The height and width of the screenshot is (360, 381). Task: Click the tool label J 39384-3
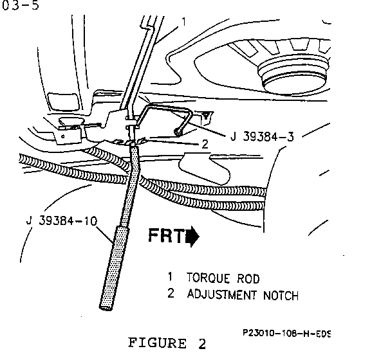[x=262, y=137]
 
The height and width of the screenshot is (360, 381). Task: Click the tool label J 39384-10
[x=62, y=221]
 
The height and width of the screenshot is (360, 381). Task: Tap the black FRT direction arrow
[x=192, y=236]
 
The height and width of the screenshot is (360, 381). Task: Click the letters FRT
[x=167, y=235]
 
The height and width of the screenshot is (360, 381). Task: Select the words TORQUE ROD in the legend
[x=223, y=278]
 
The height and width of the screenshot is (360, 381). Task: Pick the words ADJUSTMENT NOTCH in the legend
[x=243, y=295]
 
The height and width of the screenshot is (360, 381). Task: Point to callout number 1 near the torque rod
[x=184, y=22]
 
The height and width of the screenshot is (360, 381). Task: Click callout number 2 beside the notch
[x=205, y=144]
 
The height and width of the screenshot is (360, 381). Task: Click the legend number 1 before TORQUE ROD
[x=171, y=276]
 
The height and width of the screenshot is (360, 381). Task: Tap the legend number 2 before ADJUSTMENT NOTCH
[x=171, y=293]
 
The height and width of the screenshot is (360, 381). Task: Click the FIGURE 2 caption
[x=167, y=343]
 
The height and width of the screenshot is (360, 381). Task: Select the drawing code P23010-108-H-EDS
[x=287, y=333]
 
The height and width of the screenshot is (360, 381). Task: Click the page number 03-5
[x=20, y=5]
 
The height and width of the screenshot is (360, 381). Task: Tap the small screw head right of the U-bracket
[x=206, y=114]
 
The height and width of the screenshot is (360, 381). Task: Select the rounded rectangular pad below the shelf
[x=205, y=168]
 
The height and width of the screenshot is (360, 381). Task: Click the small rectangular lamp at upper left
[x=64, y=101]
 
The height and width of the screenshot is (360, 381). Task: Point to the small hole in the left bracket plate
[x=63, y=136]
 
